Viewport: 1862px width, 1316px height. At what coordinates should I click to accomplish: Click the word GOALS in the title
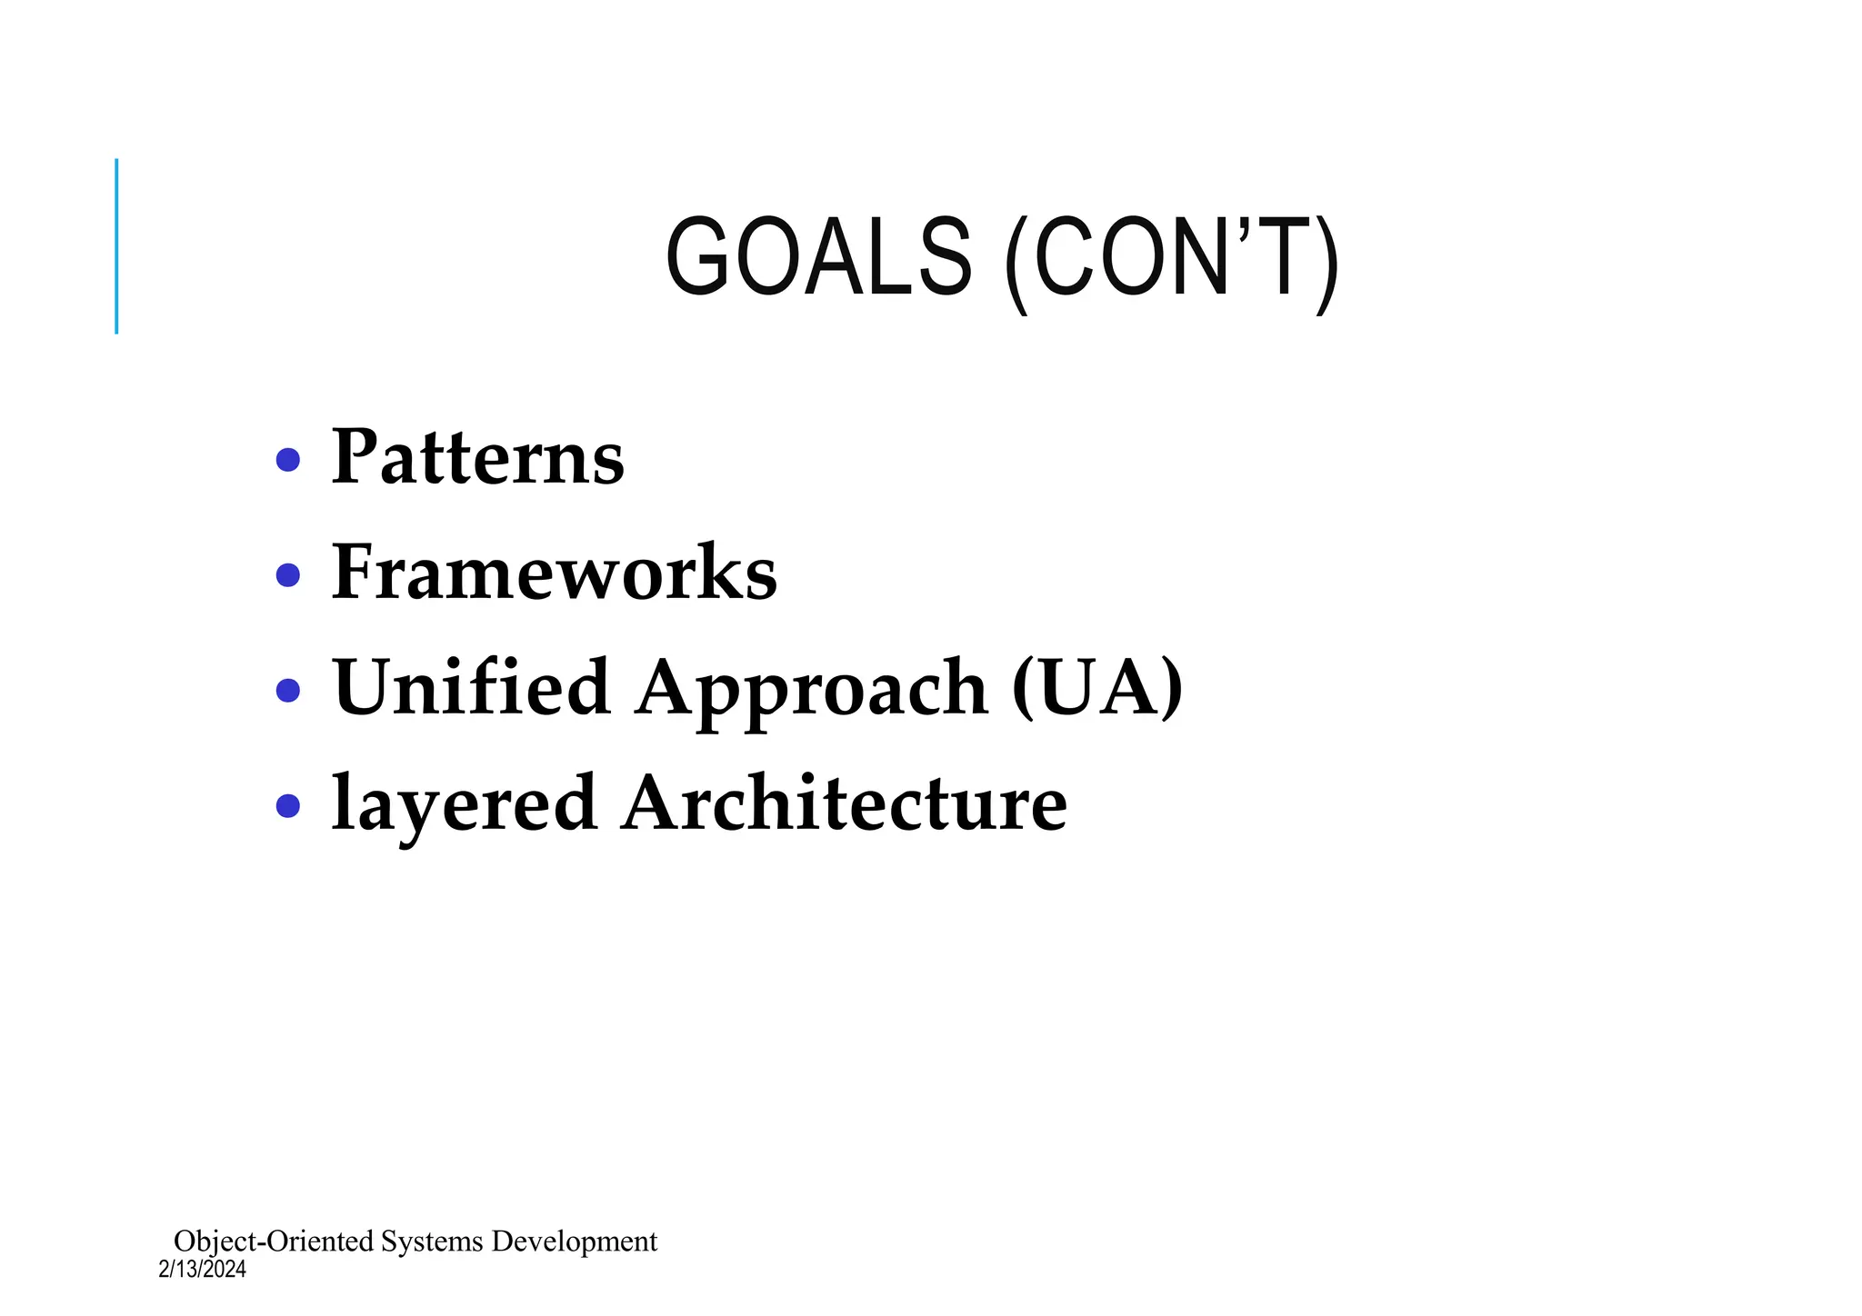819,256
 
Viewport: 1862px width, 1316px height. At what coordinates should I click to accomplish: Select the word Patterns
478,456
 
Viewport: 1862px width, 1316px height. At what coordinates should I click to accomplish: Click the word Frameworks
555,572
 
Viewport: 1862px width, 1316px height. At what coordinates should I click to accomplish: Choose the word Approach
812,691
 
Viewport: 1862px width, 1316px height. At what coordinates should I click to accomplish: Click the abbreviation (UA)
1097,688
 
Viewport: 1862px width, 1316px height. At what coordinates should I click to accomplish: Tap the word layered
465,804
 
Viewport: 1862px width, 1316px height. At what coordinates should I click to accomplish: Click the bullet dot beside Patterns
288,460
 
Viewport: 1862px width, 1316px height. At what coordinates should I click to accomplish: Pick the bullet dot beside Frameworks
288,575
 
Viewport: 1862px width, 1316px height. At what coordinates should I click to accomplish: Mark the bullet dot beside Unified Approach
288,691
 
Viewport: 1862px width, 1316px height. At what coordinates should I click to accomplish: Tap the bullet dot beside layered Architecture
288,805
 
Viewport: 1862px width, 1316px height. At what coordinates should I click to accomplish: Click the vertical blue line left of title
116,245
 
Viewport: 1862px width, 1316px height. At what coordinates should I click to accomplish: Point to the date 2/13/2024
202,1270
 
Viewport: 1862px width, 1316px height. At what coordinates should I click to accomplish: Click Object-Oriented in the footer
274,1241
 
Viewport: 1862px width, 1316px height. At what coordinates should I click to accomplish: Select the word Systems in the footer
432,1241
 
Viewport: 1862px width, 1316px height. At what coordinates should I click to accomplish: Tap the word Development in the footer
575,1241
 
